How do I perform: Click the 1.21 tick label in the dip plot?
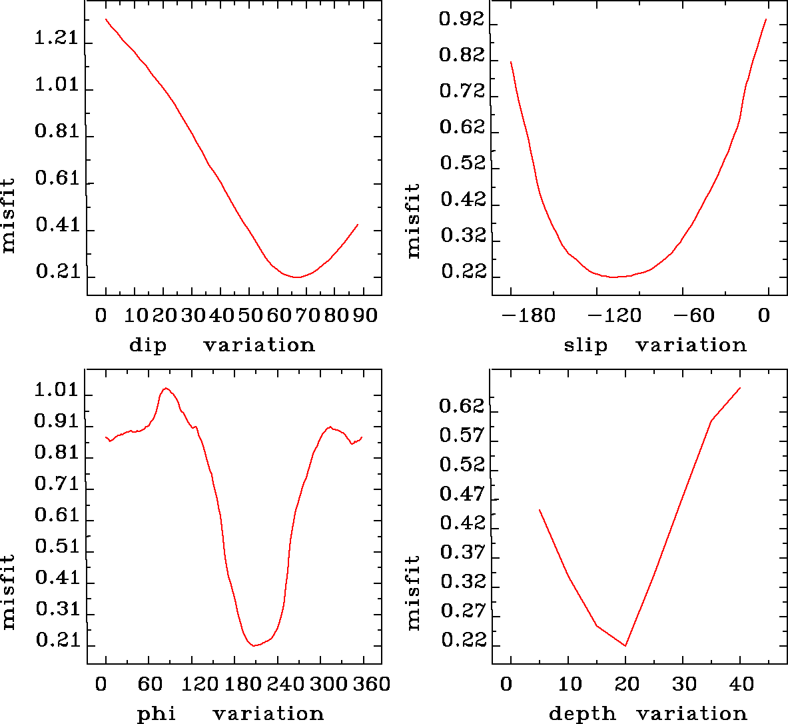56,39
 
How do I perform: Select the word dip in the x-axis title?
147,345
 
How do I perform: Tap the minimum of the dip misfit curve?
298,277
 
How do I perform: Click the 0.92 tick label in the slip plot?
461,21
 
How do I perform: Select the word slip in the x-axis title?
586,345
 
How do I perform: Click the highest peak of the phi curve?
166,388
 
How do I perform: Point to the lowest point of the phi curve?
254,645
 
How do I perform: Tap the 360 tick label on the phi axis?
368,684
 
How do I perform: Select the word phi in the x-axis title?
157,715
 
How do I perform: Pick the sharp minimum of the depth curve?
625,645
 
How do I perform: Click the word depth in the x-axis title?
582,715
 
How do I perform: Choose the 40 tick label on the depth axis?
741,684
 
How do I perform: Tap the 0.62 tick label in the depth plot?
461,406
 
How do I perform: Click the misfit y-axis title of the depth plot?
414,593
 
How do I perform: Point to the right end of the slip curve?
766,19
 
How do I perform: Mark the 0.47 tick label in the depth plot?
461,494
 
